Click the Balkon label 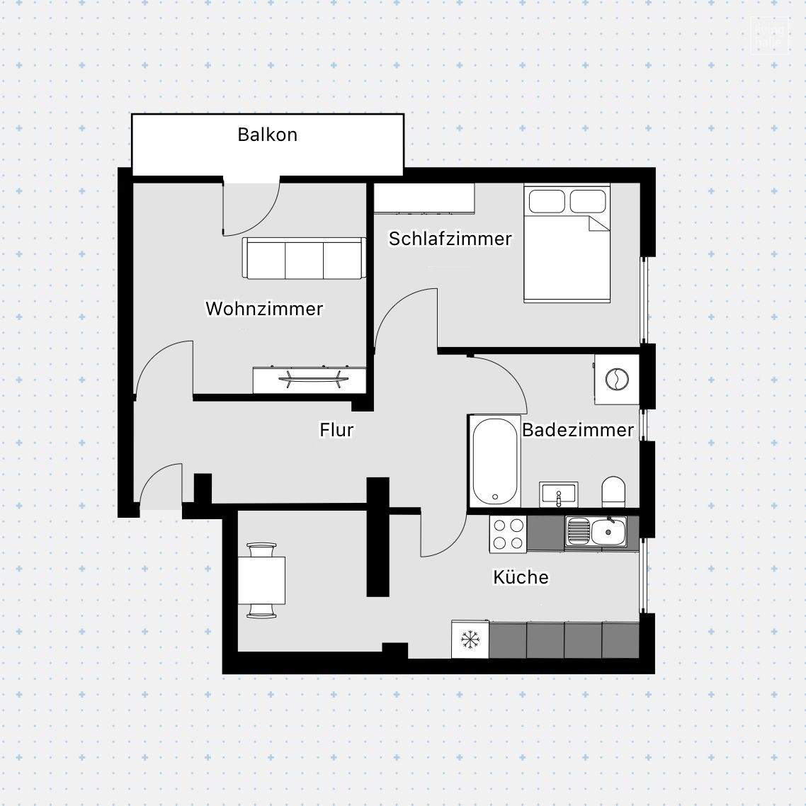267,135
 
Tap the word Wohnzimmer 264,309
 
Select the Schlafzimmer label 450,239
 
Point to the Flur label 336,430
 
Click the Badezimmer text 577,430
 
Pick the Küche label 521,577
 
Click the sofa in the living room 304,259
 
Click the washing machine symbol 616,379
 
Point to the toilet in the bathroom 613,492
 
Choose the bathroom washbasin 559,494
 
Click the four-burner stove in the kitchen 508,534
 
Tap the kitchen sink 596,531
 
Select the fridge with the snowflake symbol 470,640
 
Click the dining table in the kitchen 261,580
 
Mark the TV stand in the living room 310,380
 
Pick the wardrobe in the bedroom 424,198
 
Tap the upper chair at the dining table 261,550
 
